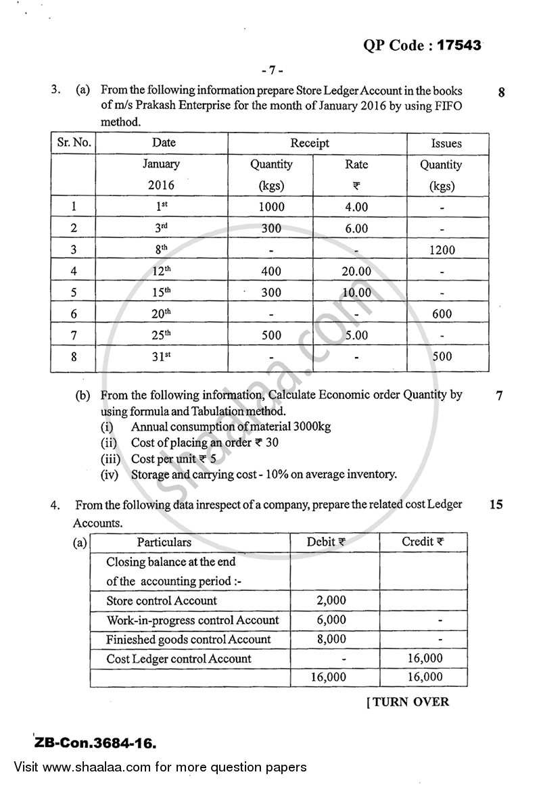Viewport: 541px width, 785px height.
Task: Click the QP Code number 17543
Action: [x=459, y=45]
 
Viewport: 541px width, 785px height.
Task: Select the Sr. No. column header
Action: [x=73, y=143]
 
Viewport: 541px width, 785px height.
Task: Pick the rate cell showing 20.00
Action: [x=356, y=271]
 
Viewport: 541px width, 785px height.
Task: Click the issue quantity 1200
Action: [x=442, y=249]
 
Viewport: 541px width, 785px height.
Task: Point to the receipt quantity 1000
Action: [x=271, y=207]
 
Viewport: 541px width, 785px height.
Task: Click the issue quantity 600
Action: [x=442, y=314]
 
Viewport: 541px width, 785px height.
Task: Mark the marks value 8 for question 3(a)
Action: [x=500, y=93]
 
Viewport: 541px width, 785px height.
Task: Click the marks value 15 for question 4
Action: [x=496, y=504]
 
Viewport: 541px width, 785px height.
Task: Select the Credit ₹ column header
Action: [x=423, y=542]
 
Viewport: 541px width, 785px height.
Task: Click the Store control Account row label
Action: [x=162, y=600]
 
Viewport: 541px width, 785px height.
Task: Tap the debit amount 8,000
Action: [x=331, y=639]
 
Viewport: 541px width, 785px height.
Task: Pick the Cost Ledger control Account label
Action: [x=179, y=659]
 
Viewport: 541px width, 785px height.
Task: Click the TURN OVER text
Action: [x=408, y=702]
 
